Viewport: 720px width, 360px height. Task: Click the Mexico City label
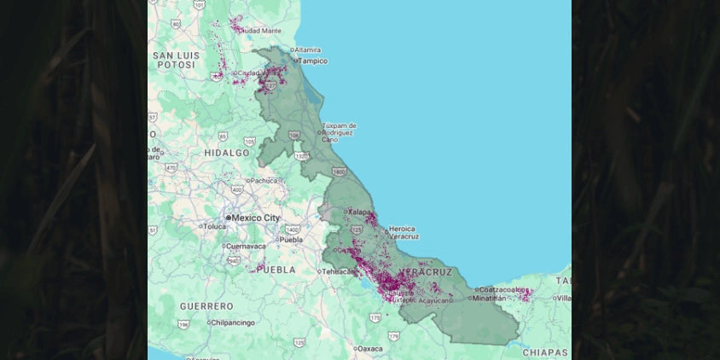tap(256, 218)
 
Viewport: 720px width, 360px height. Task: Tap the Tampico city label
tap(313, 61)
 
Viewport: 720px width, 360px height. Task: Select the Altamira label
tap(307, 49)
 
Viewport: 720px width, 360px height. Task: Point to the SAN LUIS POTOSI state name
tap(177, 60)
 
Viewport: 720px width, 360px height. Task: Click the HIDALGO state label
tap(227, 153)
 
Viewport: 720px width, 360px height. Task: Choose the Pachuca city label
tap(264, 181)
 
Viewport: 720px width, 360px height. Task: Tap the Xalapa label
tap(360, 212)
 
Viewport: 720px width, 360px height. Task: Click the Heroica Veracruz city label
tap(402, 232)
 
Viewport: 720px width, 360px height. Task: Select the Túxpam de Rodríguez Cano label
tap(339, 132)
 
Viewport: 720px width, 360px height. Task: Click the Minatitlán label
tap(489, 299)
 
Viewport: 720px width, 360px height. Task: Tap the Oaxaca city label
tap(369, 349)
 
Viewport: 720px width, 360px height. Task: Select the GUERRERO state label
tap(206, 305)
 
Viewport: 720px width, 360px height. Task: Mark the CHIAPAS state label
tap(545, 352)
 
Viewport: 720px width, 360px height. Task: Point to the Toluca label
tap(214, 227)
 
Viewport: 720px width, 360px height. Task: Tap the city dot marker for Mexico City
tap(229, 218)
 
